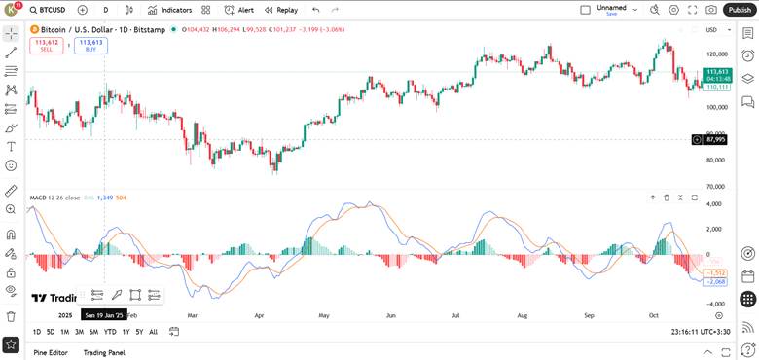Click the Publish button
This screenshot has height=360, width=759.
click(x=741, y=9)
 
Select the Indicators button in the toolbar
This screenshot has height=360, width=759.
click(x=170, y=10)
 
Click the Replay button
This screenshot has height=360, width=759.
click(x=281, y=10)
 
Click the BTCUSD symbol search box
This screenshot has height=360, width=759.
click(x=50, y=10)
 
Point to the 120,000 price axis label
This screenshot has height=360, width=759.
click(x=717, y=54)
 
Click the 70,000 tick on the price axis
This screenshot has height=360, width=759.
click(x=715, y=186)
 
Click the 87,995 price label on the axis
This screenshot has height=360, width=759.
click(x=717, y=139)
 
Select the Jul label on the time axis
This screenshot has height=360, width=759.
click(x=455, y=315)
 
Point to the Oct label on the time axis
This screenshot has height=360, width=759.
click(x=655, y=315)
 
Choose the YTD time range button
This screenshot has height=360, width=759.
click(x=110, y=332)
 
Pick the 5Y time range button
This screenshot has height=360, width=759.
click(x=139, y=332)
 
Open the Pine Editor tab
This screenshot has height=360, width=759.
click(x=51, y=352)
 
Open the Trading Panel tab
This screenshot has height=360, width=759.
click(x=104, y=352)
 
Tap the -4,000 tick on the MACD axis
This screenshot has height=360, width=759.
click(x=714, y=304)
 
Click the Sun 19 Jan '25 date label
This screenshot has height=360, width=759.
click(x=103, y=315)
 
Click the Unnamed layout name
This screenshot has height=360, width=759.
click(x=611, y=7)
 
